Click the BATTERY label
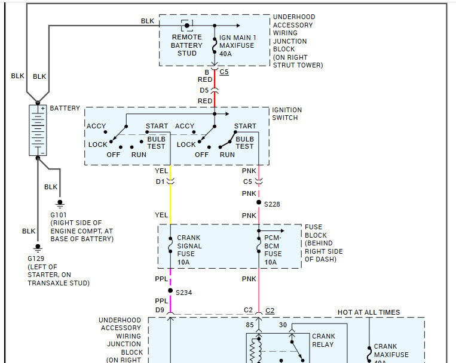pos(65,108)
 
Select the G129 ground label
pos(36,258)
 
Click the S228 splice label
pos(273,204)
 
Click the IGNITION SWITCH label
pos(287,113)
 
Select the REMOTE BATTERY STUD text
pos(186,45)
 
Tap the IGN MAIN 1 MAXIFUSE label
pos(238,45)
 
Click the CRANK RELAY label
pos(323,340)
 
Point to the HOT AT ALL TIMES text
pos(369,312)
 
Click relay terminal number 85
pos(249,325)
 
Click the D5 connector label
pos(205,90)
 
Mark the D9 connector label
pos(159,310)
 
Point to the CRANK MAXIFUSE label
pos(391,350)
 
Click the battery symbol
pos(38,130)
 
